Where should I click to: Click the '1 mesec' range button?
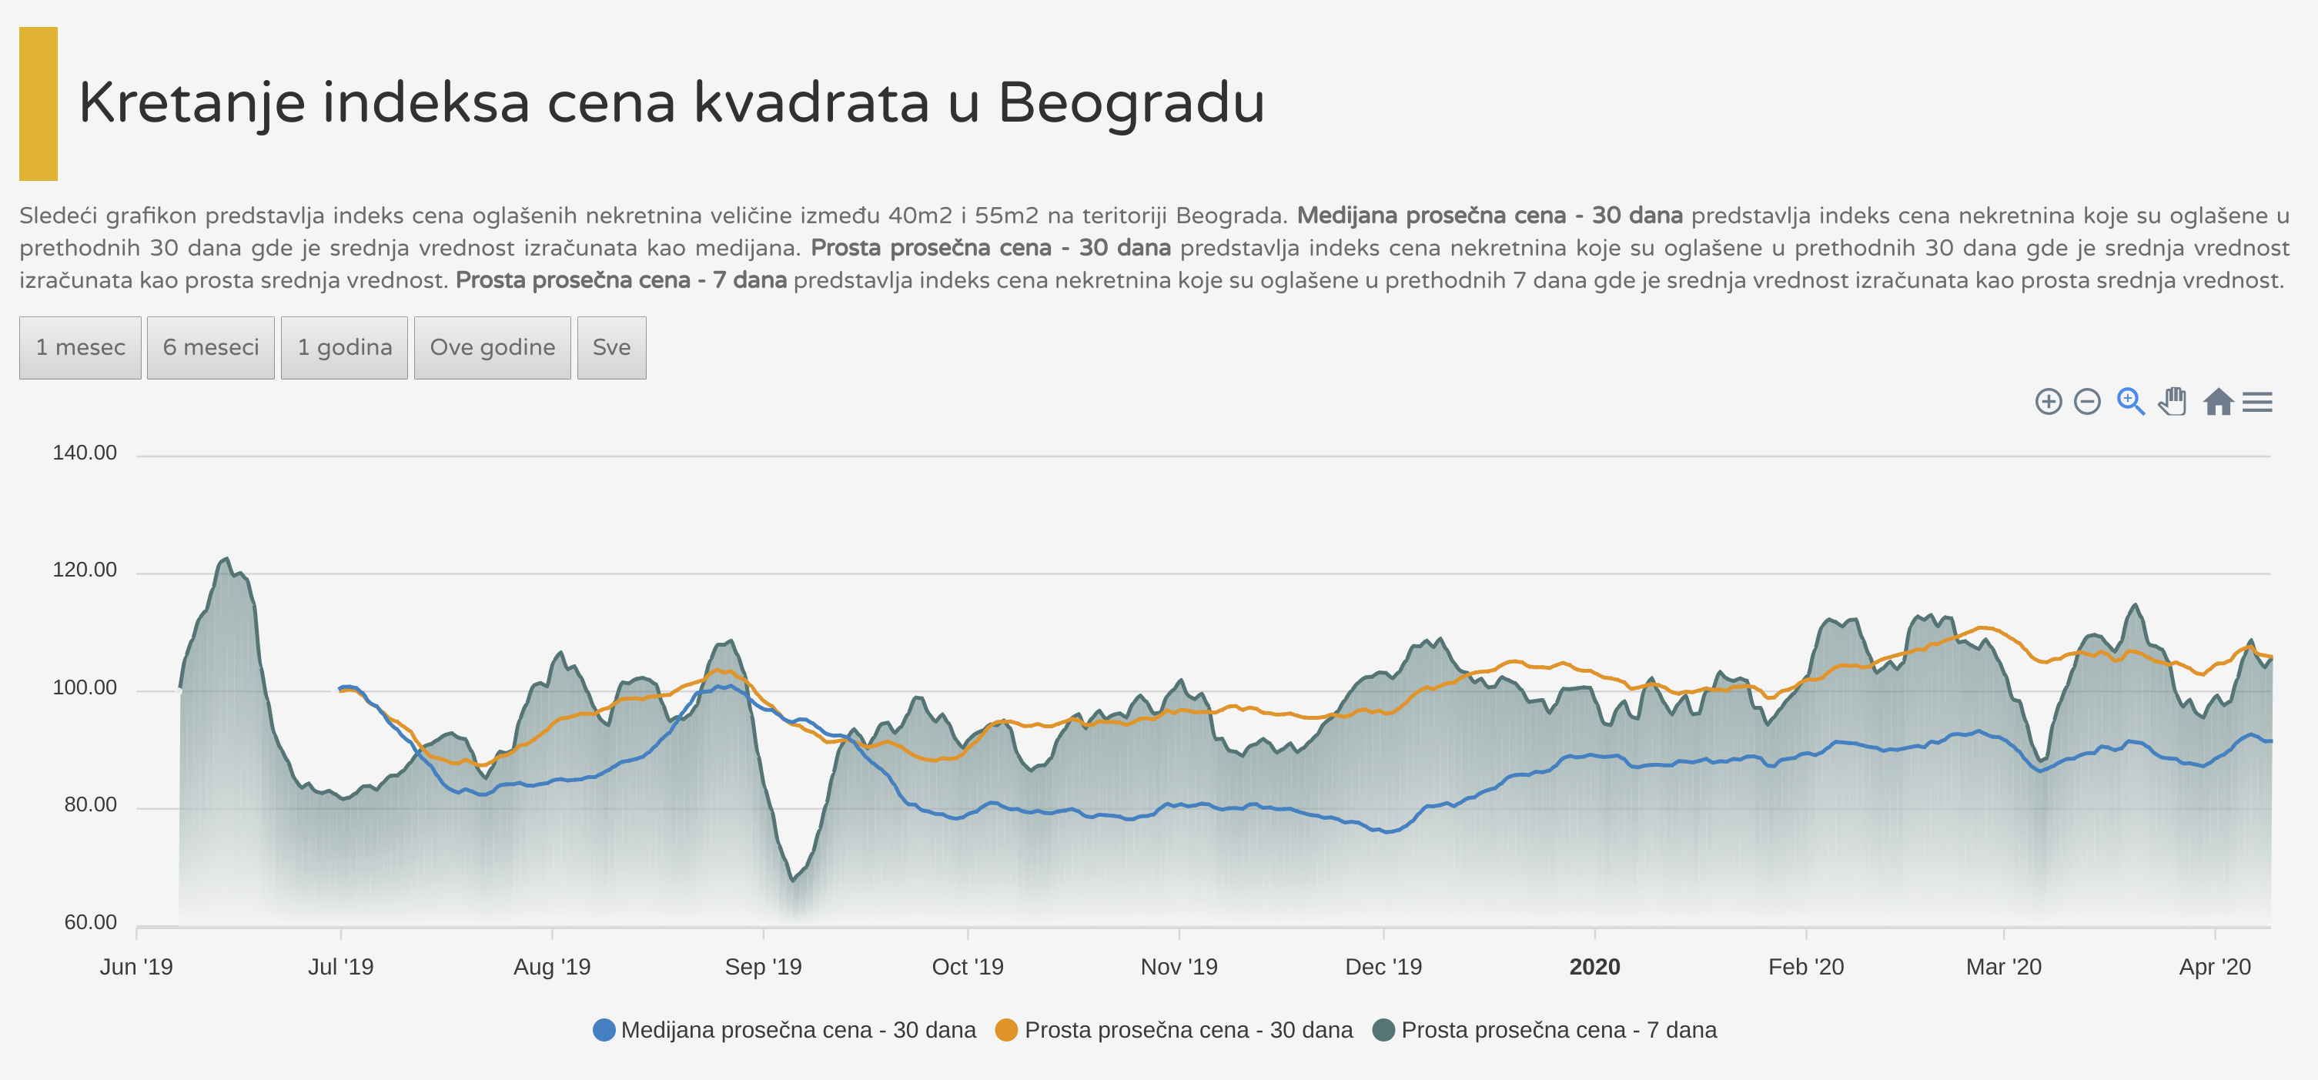coord(80,347)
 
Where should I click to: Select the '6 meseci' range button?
coord(211,347)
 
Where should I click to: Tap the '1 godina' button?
coord(345,347)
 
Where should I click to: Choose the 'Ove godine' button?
coord(492,347)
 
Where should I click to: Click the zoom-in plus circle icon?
coord(2048,401)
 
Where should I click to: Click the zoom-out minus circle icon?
coord(2087,401)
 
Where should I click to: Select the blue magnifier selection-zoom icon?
coord(2130,401)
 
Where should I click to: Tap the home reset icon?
coord(2218,401)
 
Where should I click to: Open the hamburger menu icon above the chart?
coord(2257,401)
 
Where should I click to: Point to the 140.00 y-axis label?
coord(85,453)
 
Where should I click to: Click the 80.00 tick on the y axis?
coord(90,804)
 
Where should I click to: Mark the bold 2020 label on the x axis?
coord(1594,967)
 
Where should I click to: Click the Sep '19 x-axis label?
coord(763,967)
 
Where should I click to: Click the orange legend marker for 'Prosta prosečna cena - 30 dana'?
coord(1007,1030)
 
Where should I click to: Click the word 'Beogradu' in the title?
coord(1131,102)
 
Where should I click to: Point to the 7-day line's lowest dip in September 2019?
coord(793,879)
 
